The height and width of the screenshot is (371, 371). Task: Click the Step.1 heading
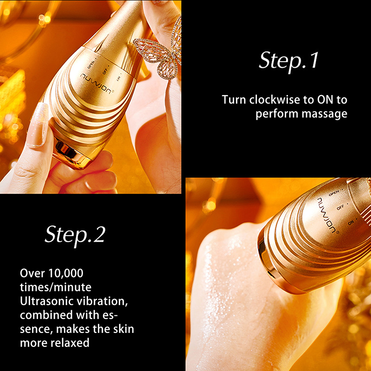pyautogui.click(x=288, y=61)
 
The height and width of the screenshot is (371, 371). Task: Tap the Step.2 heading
pyautogui.click(x=75, y=235)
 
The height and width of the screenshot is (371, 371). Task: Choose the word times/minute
pyautogui.click(x=56, y=287)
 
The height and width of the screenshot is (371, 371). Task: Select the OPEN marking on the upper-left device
pyautogui.click(x=91, y=64)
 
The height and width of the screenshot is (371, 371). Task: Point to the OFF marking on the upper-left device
pyautogui.click(x=105, y=71)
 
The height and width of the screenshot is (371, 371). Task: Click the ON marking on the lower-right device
pyautogui.click(x=351, y=223)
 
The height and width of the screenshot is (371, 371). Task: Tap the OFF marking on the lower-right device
pyautogui.click(x=340, y=207)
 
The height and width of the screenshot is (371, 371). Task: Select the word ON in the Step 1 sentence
pyautogui.click(x=325, y=100)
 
